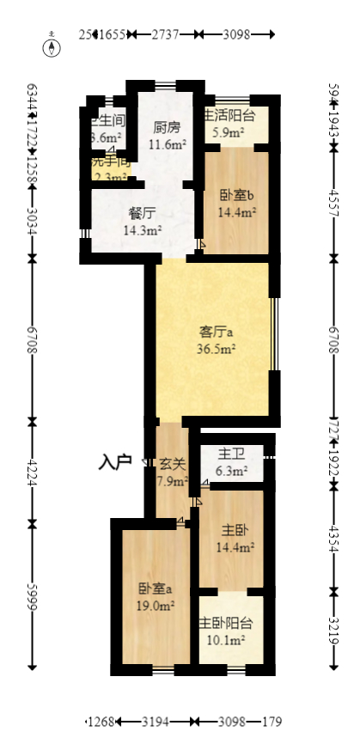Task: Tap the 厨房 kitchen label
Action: coord(167,128)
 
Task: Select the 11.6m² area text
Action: coord(167,144)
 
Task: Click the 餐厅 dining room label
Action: coord(142,213)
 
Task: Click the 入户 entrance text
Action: coord(114,463)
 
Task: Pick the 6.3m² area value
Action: coord(229,471)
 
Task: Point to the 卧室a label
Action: coord(156,589)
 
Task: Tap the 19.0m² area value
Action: coord(156,606)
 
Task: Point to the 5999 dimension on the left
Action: coord(33,594)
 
